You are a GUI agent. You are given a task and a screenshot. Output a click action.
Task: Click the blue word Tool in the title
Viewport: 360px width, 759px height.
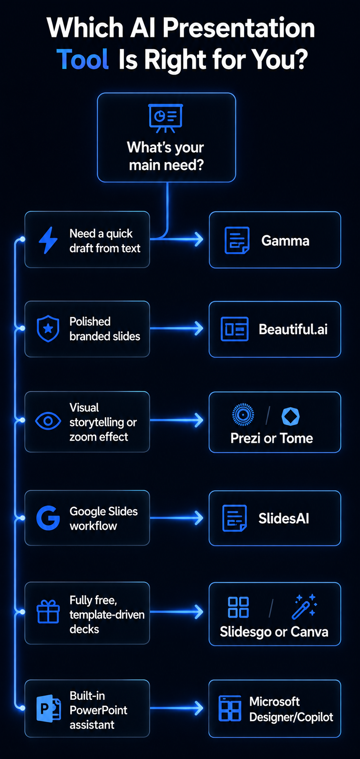coord(82,59)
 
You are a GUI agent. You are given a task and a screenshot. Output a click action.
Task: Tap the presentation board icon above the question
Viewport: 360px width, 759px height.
coord(165,118)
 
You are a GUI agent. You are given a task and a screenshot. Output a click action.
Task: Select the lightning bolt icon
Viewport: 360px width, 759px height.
coord(48,240)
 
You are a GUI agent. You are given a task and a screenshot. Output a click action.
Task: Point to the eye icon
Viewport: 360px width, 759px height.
coord(48,421)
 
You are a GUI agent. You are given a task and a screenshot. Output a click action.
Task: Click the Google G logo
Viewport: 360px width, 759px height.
coord(48,518)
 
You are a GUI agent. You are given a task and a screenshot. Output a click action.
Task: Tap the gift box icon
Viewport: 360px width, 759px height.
coord(48,611)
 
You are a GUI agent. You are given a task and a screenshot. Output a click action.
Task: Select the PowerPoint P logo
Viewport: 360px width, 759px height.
coord(48,709)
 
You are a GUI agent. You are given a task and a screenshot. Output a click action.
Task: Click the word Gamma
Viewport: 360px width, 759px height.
coord(285,240)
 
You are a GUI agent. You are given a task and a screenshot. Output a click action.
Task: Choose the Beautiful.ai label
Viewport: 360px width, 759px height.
coord(293,329)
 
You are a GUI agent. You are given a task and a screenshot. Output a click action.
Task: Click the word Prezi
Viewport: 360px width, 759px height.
coord(245,438)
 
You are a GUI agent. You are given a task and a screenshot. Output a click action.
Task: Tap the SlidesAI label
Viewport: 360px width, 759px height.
coord(284,518)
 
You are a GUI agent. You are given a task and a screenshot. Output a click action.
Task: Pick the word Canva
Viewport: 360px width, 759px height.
coord(309,632)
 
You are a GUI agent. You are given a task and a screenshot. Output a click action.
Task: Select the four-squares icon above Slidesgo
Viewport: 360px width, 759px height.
coord(238,607)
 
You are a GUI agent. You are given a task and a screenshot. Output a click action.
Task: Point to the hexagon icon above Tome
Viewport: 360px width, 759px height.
coord(290,416)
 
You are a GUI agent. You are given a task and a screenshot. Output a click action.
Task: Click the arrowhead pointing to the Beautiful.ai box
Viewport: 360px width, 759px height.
coord(199,328)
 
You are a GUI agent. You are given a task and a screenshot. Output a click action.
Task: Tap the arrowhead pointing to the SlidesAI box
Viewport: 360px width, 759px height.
coord(199,518)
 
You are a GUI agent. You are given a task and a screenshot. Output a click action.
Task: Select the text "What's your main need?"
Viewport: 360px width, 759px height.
coord(166,156)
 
